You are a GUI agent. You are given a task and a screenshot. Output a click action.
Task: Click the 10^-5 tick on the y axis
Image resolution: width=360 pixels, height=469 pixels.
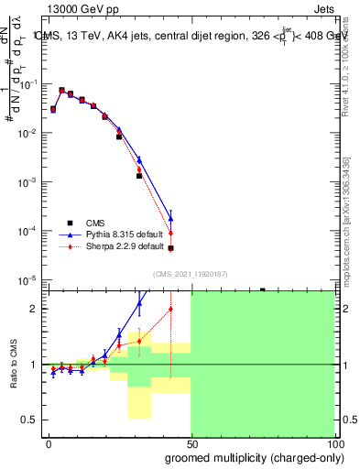pos(27,279)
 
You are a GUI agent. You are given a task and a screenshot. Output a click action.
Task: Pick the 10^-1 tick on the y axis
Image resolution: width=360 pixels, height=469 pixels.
pos(27,84)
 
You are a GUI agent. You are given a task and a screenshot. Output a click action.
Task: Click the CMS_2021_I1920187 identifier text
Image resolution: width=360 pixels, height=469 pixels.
pos(190,274)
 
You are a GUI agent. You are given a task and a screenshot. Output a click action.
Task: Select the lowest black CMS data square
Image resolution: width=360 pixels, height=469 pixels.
pos(170,248)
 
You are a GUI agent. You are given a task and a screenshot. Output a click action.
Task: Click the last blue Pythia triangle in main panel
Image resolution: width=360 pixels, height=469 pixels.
pos(170,219)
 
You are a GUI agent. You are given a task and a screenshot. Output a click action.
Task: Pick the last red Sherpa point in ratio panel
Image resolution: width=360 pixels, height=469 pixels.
pos(170,309)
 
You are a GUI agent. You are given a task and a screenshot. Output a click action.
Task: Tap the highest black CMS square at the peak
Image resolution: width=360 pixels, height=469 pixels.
pos(61,91)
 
